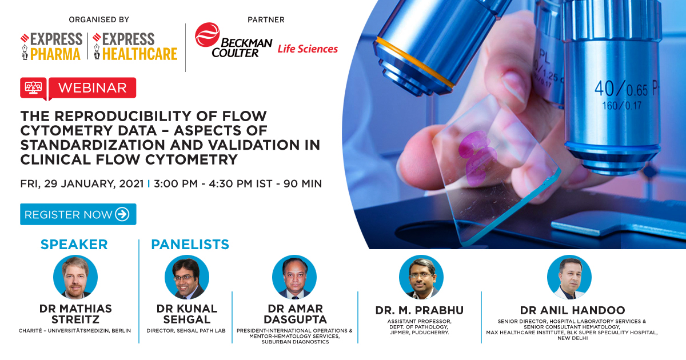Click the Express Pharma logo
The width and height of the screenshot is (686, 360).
[x=51, y=46]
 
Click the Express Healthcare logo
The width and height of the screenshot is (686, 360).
[x=135, y=46]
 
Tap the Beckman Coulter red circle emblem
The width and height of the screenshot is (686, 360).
[x=207, y=35]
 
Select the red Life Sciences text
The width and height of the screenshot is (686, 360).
[x=308, y=49]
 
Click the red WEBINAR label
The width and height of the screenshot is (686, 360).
[x=93, y=88]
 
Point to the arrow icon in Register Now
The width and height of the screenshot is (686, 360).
[x=122, y=214]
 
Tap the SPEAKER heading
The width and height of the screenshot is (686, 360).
[x=74, y=245]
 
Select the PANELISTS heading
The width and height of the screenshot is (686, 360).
[x=190, y=245]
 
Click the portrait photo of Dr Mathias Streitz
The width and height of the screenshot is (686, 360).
[x=75, y=277]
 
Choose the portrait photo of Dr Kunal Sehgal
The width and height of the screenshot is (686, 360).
[x=186, y=277]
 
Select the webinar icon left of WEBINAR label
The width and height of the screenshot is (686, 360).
[x=33, y=88]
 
